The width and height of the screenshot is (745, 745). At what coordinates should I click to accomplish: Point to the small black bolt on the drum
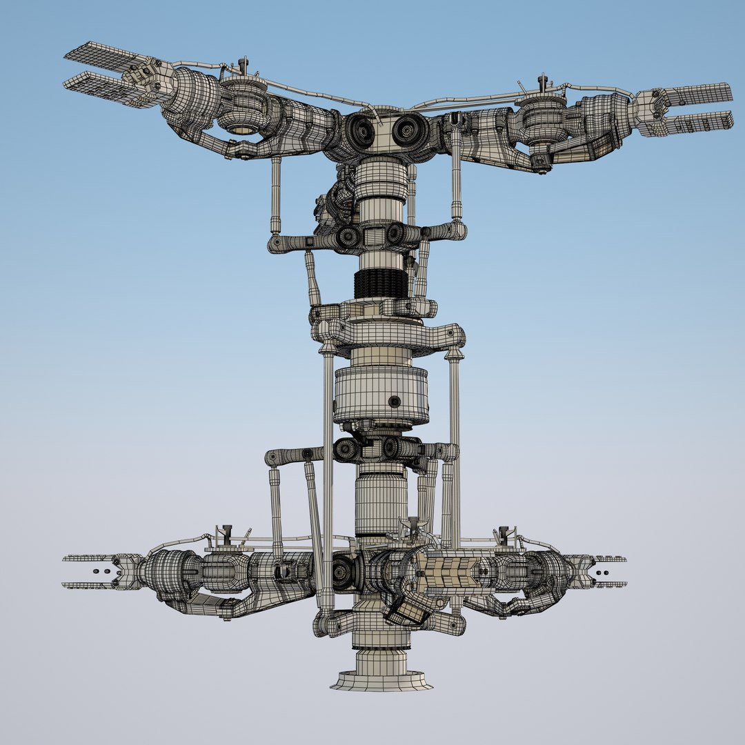tap(395, 401)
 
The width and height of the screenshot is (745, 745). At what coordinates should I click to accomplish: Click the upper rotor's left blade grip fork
tap(103, 76)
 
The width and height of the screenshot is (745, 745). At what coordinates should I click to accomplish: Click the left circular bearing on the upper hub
tap(360, 130)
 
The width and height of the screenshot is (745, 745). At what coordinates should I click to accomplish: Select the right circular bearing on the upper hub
tap(408, 129)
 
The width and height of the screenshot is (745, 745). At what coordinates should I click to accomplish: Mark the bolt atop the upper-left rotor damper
tap(243, 65)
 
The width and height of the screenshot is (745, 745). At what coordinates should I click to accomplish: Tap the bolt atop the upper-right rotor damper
tap(543, 81)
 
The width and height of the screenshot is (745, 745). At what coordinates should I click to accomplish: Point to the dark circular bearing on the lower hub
tap(343, 573)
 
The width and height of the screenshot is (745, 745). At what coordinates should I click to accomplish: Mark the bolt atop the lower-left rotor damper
tap(226, 531)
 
